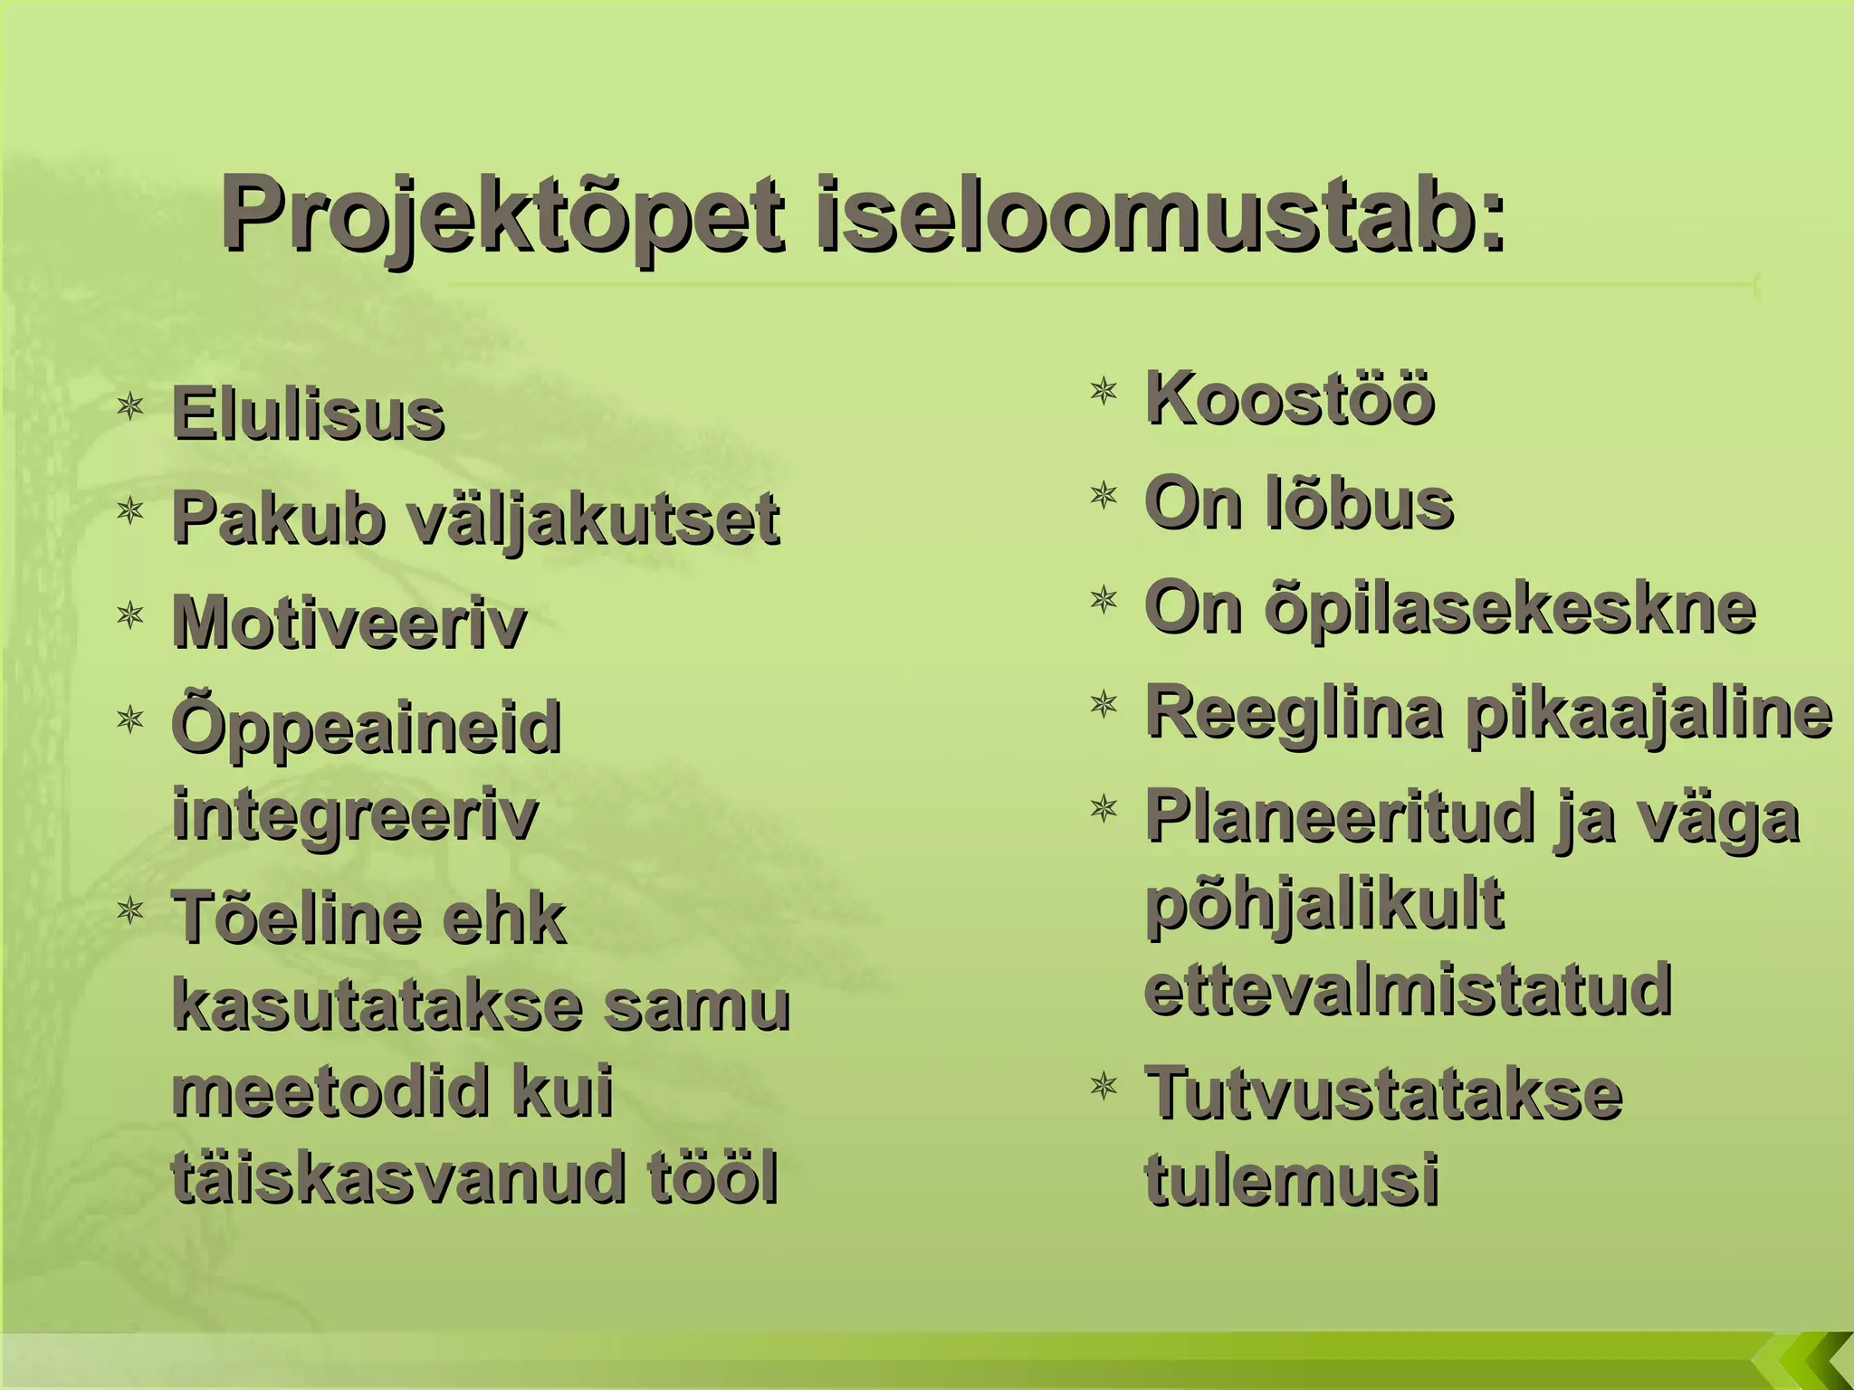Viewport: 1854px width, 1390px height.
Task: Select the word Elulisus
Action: (x=308, y=414)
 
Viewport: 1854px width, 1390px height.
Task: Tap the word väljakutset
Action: (x=593, y=519)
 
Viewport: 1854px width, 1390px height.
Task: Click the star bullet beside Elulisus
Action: (x=131, y=406)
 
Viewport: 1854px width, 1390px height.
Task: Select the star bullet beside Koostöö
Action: (x=1104, y=391)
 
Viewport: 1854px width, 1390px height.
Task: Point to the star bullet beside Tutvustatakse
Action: (x=1104, y=1085)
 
